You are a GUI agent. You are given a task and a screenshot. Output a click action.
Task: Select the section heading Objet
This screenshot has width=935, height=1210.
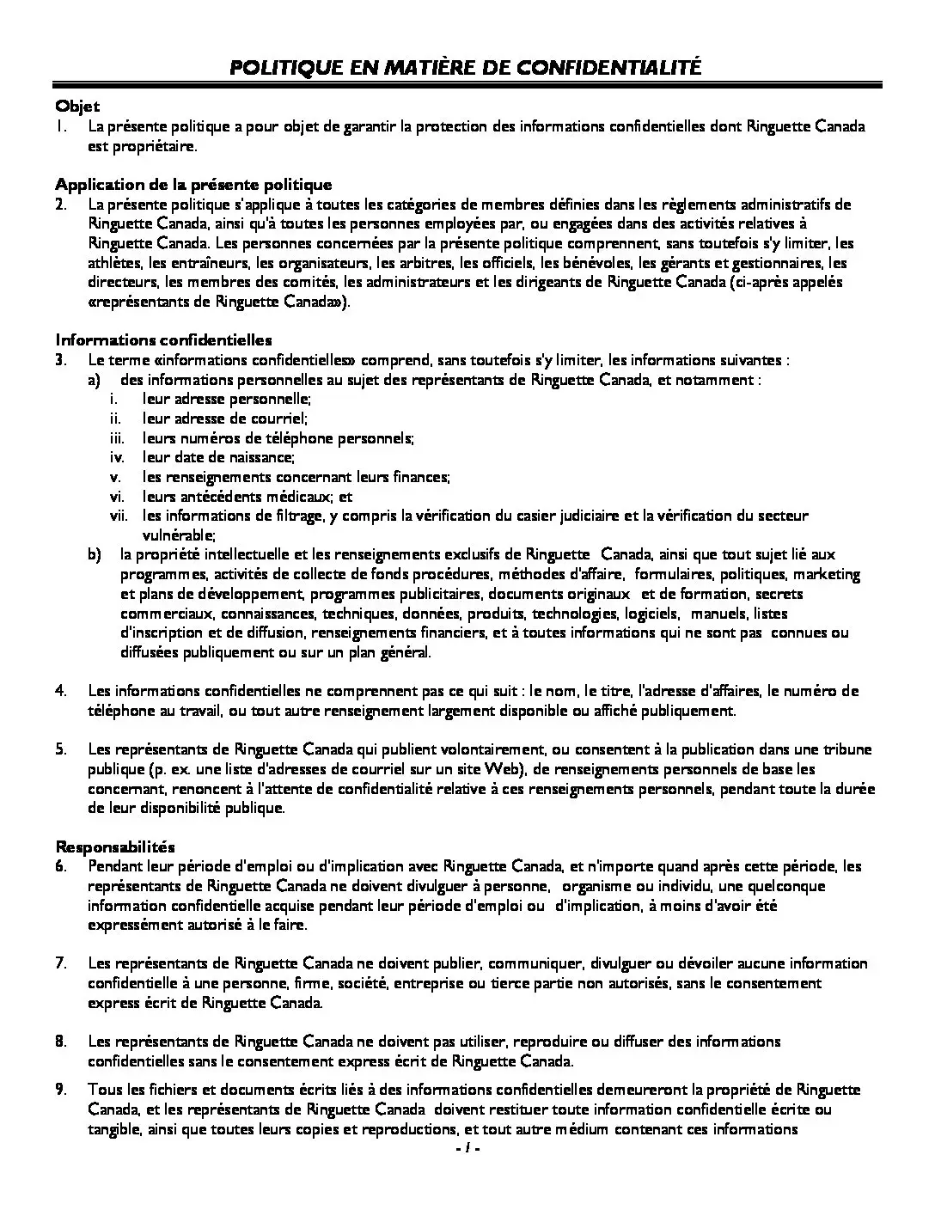click(77, 107)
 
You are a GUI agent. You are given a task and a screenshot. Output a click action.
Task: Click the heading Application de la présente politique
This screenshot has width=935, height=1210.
click(193, 185)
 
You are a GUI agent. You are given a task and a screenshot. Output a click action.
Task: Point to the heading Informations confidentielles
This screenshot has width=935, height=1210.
click(163, 340)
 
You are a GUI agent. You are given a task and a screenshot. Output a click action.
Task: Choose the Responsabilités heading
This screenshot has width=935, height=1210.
click(115, 846)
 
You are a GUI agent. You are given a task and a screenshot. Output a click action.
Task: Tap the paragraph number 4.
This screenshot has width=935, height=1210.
click(61, 691)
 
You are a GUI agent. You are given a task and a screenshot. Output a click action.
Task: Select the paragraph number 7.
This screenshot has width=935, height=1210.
click(61, 963)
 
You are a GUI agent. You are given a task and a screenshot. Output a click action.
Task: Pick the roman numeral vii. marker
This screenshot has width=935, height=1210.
click(118, 516)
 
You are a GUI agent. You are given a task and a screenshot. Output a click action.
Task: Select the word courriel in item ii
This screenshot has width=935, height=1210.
click(278, 419)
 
